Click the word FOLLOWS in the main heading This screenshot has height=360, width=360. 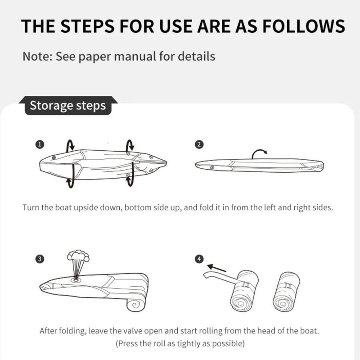click(303, 26)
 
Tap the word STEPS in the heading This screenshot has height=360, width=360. click(87, 26)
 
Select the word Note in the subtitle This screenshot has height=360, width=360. click(37, 56)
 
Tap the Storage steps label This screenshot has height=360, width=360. click(68, 106)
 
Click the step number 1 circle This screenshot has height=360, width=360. click(40, 144)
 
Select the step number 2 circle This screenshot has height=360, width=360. click(199, 144)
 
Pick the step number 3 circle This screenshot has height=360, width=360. click(40, 259)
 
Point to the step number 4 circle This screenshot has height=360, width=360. click(199, 259)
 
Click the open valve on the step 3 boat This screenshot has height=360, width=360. click(76, 280)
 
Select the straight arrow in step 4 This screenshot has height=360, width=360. click(216, 268)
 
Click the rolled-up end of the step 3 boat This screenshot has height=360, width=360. click(136, 305)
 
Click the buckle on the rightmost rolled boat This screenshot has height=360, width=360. click(288, 286)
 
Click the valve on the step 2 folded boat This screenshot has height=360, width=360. click(212, 167)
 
